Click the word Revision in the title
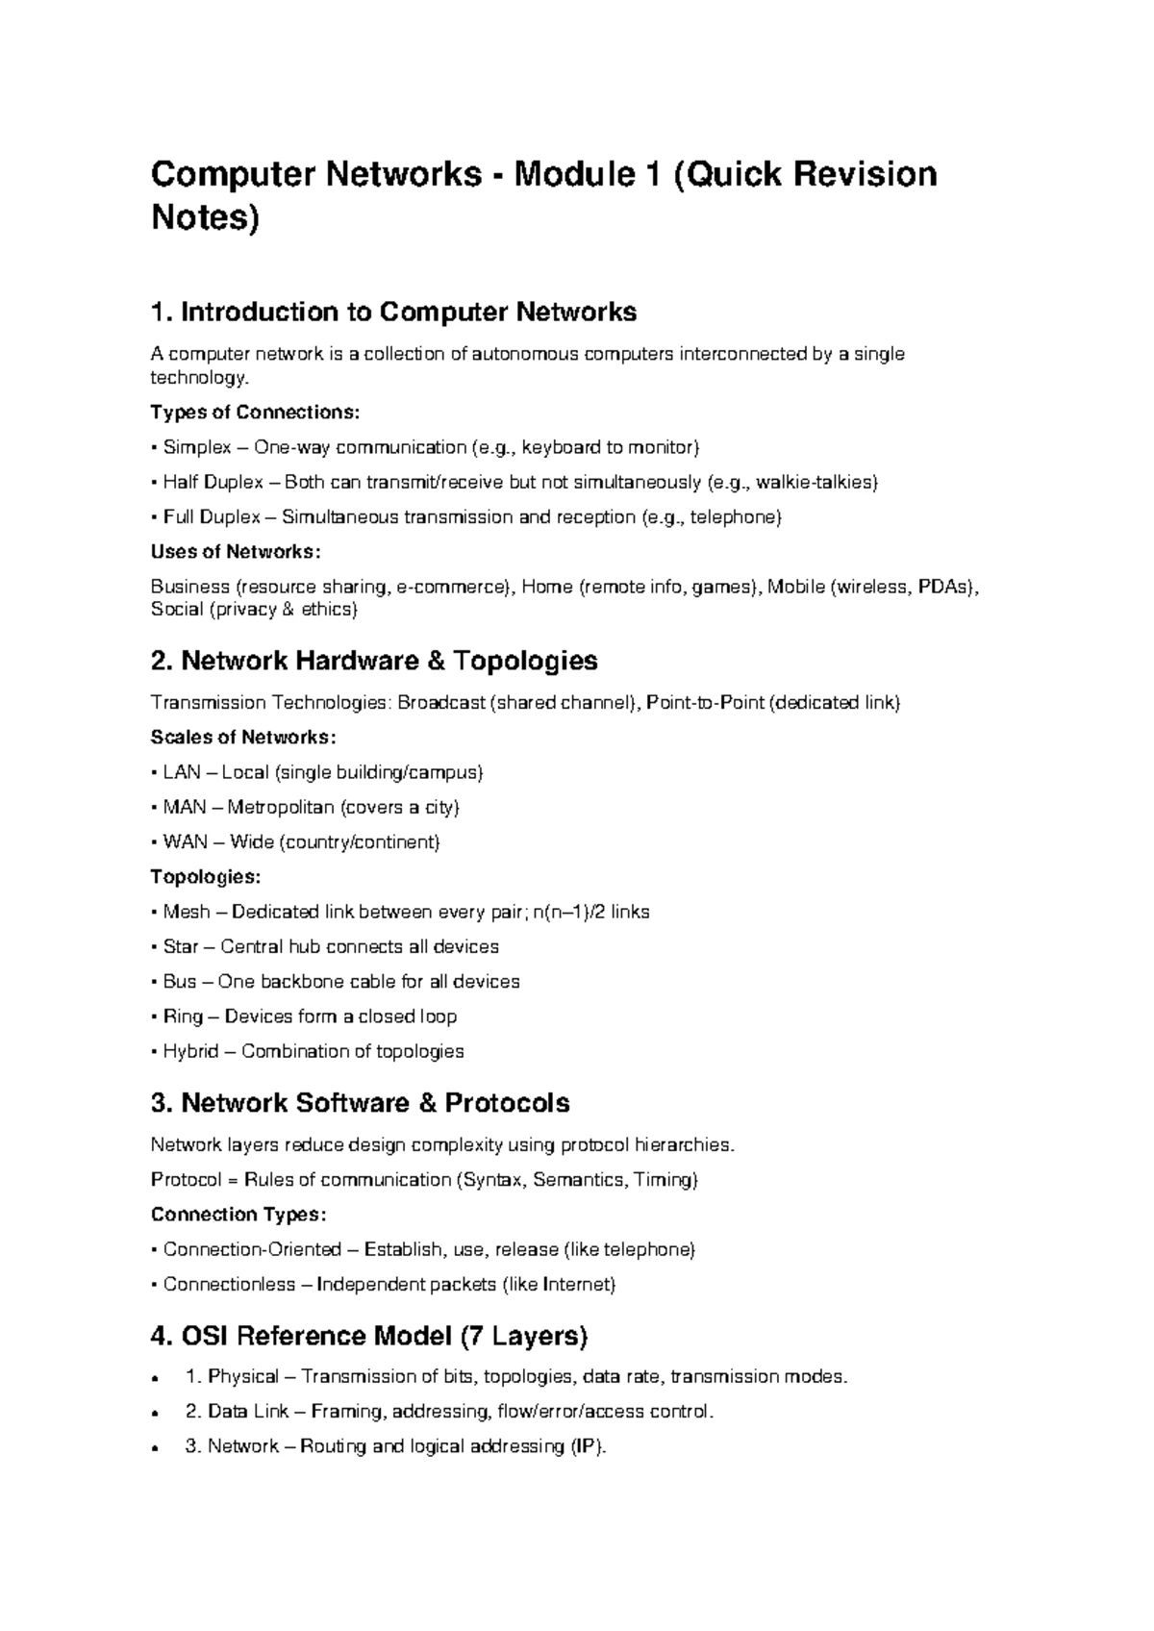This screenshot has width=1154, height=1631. click(864, 175)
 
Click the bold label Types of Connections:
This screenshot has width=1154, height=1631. click(255, 413)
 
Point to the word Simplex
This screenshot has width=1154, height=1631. click(197, 447)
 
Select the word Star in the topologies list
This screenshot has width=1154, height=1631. click(181, 947)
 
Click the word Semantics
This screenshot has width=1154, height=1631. click(578, 1180)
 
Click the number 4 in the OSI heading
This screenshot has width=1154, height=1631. click(161, 1337)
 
